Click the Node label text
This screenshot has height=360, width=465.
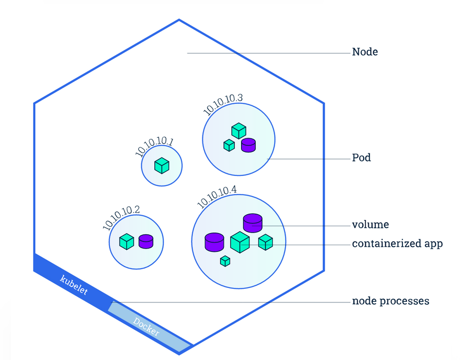(365, 52)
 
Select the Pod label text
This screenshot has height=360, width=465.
(361, 157)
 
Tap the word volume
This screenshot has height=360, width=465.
(370, 224)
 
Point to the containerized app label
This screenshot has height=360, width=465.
(397, 244)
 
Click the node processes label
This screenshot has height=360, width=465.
(390, 301)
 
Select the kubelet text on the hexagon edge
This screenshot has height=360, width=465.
(74, 285)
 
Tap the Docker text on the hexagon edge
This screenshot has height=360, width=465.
(146, 326)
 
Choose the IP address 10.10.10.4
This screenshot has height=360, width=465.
(217, 196)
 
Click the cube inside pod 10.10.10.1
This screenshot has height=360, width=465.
(162, 165)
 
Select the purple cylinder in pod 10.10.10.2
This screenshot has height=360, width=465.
(146, 241)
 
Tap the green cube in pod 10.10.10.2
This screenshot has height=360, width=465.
(127, 242)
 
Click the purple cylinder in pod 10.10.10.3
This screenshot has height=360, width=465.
(248, 145)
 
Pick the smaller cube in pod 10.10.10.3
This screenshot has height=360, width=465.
(229, 145)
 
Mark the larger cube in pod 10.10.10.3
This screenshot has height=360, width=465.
(239, 131)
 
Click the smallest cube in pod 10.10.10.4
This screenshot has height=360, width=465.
(225, 261)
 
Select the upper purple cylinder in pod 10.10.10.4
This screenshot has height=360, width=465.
(253, 223)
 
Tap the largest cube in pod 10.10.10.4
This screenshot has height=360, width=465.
(240, 242)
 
